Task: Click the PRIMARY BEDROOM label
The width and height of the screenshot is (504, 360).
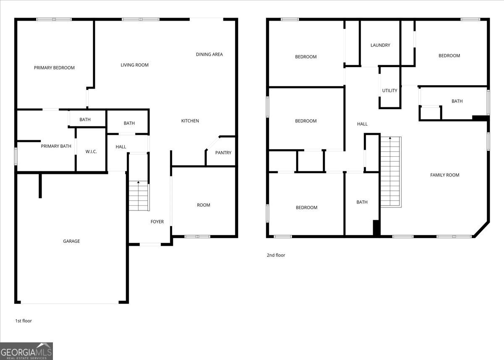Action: (54, 68)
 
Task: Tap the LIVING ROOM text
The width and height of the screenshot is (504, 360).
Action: (134, 65)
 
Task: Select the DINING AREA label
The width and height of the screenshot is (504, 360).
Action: (209, 55)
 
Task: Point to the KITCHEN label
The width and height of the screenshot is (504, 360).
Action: (190, 121)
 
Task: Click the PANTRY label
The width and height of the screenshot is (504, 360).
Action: (223, 153)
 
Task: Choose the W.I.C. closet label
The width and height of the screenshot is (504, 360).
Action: (91, 152)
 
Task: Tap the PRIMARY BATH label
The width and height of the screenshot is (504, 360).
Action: (56, 146)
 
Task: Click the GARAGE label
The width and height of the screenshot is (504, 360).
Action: (71, 241)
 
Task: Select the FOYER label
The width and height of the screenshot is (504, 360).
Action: (157, 222)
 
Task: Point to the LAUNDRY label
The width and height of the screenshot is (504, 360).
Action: (380, 45)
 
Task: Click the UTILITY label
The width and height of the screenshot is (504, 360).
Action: (390, 90)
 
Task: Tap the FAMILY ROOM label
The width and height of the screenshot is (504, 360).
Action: (445, 175)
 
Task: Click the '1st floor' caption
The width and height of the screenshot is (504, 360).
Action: (24, 321)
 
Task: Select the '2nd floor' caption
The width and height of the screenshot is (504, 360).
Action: (276, 255)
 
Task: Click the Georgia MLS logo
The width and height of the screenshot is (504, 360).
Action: (26, 351)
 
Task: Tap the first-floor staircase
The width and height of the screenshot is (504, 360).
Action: (139, 196)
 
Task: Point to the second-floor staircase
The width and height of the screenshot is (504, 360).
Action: (391, 172)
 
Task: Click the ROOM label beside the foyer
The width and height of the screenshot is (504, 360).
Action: (203, 205)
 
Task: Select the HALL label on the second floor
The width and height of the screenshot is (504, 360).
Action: (362, 124)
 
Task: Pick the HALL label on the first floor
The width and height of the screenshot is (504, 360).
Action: (121, 147)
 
